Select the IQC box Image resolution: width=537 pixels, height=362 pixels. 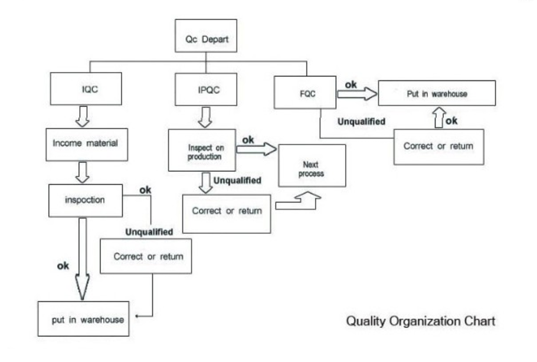(x=86, y=89)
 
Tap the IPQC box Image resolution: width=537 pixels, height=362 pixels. (x=205, y=90)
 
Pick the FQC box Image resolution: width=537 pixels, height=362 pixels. (x=305, y=93)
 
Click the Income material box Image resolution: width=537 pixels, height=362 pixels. (x=86, y=144)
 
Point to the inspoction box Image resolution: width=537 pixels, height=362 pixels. (x=85, y=200)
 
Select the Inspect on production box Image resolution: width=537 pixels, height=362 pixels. (x=202, y=151)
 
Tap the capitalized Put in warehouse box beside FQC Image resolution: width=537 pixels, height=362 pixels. (x=437, y=93)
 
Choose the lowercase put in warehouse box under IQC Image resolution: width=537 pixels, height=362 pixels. (x=83, y=319)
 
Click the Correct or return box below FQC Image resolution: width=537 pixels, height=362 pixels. (x=438, y=146)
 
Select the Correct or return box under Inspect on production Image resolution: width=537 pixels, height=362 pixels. (x=227, y=211)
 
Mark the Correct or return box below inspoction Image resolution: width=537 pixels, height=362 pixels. (x=146, y=256)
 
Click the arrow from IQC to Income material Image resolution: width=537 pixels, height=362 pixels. (x=84, y=117)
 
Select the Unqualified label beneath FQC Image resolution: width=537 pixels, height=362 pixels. (x=361, y=122)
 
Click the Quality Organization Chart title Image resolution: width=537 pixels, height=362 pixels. (x=420, y=321)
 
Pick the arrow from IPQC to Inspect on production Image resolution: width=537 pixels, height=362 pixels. (x=205, y=118)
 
